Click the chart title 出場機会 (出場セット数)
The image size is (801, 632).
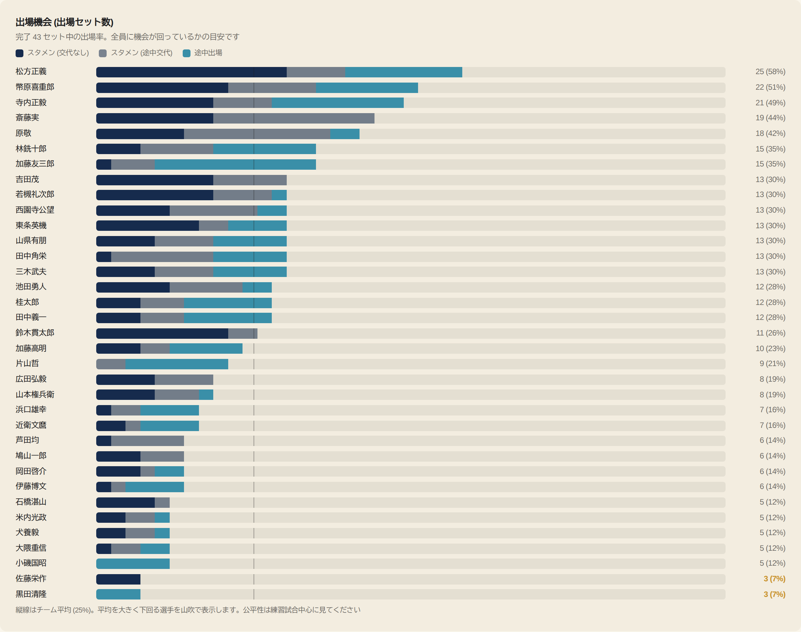(64, 22)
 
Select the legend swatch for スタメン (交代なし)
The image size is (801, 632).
(20, 53)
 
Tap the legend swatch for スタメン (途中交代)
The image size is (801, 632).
(103, 53)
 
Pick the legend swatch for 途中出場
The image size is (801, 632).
(187, 53)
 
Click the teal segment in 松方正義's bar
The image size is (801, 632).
(404, 72)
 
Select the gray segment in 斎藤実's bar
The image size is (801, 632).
(294, 118)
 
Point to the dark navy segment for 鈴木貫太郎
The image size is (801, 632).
(162, 333)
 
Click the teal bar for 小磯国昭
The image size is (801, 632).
(133, 563)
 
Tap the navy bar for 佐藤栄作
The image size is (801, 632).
(118, 579)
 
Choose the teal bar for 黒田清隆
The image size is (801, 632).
(118, 594)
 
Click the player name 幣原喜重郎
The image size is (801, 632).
(35, 87)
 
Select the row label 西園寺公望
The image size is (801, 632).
(35, 210)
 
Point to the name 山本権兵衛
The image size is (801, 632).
(35, 394)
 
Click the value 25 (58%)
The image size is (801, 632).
(770, 72)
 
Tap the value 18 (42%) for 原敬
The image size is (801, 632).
(770, 133)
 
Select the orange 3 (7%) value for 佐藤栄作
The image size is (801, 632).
(774, 579)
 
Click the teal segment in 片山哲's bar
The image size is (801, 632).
(177, 364)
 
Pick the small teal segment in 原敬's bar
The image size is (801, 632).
(345, 134)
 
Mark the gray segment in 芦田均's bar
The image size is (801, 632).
(148, 441)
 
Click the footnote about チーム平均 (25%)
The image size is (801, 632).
(188, 610)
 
